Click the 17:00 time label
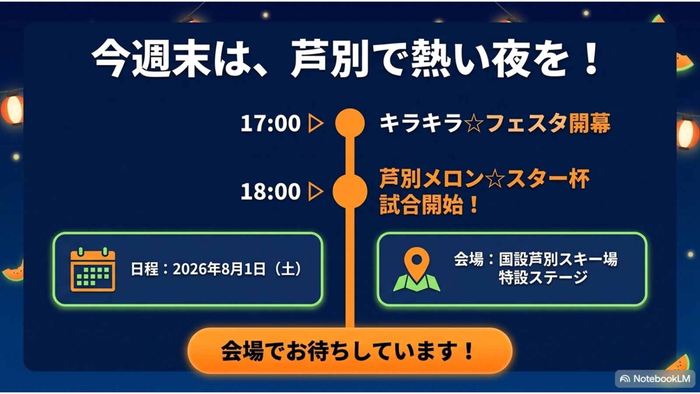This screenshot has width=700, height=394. [270, 123]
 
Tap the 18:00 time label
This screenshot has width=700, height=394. [270, 191]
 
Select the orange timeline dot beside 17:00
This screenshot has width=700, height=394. [350, 123]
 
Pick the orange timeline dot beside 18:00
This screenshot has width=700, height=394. [350, 191]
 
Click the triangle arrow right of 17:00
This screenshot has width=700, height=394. [315, 123]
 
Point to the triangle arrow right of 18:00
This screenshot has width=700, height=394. [315, 191]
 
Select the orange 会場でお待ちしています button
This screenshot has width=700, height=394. [350, 351]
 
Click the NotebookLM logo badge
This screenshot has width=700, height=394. [655, 379]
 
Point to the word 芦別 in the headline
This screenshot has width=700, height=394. [330, 59]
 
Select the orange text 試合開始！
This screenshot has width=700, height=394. [429, 205]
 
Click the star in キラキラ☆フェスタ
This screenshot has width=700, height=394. [474, 123]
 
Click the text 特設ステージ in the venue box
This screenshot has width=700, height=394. [543, 278]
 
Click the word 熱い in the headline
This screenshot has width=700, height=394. [451, 59]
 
